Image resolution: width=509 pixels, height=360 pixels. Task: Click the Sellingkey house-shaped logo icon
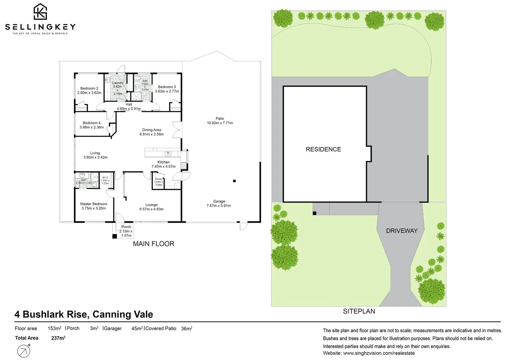[x=40, y=12]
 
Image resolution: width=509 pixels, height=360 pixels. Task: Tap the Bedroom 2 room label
[x=89, y=88]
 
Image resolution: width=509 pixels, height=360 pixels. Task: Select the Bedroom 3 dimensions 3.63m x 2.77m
[x=167, y=91]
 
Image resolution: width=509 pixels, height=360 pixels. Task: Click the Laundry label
[x=118, y=83]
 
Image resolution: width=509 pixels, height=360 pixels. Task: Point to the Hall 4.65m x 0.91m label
[x=129, y=107]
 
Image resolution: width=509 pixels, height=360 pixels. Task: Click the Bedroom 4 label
[x=91, y=123]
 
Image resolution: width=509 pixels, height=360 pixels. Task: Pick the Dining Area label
[x=152, y=130]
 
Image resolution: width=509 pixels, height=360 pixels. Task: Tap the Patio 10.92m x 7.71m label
[x=220, y=121]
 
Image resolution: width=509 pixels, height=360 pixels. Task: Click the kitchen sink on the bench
[x=167, y=154]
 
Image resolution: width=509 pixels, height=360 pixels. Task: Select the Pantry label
[x=159, y=179]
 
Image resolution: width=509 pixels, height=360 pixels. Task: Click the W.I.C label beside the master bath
[x=105, y=178]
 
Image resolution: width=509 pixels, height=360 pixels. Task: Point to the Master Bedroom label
[x=94, y=204]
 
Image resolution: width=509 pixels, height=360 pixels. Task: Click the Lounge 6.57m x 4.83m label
[x=151, y=207]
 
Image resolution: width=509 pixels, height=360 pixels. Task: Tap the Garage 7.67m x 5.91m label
[x=219, y=203]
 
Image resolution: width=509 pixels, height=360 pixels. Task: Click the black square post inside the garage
[x=234, y=181]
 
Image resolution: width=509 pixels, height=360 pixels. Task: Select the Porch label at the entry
[x=126, y=227]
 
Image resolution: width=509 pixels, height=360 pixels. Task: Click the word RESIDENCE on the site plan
[x=323, y=149]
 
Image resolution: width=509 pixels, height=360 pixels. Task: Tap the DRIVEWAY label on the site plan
[x=401, y=231]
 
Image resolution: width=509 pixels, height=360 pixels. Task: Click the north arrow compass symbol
[x=24, y=351]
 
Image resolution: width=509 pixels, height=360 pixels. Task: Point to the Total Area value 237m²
[x=58, y=338]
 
